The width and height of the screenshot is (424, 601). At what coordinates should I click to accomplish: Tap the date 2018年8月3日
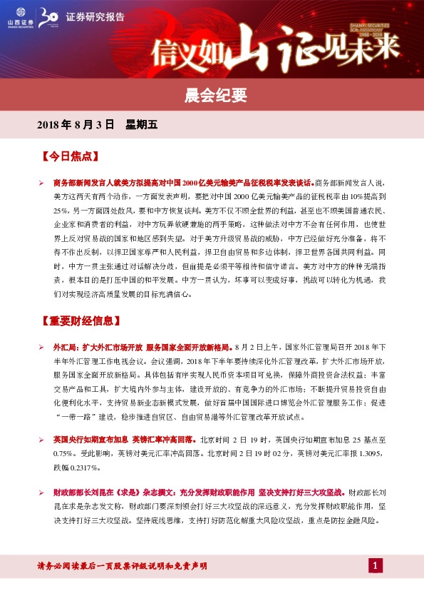pyautogui.click(x=75, y=124)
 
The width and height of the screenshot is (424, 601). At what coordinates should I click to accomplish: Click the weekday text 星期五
pyautogui.click(x=141, y=124)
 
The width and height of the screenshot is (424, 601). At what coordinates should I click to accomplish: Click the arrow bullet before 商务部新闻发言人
pyautogui.click(x=42, y=182)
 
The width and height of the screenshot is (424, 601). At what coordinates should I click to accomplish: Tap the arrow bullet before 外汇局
pyautogui.click(x=42, y=346)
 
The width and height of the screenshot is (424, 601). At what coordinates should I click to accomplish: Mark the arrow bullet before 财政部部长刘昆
pyautogui.click(x=42, y=493)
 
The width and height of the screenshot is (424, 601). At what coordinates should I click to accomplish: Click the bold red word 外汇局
pyautogui.click(x=64, y=346)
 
